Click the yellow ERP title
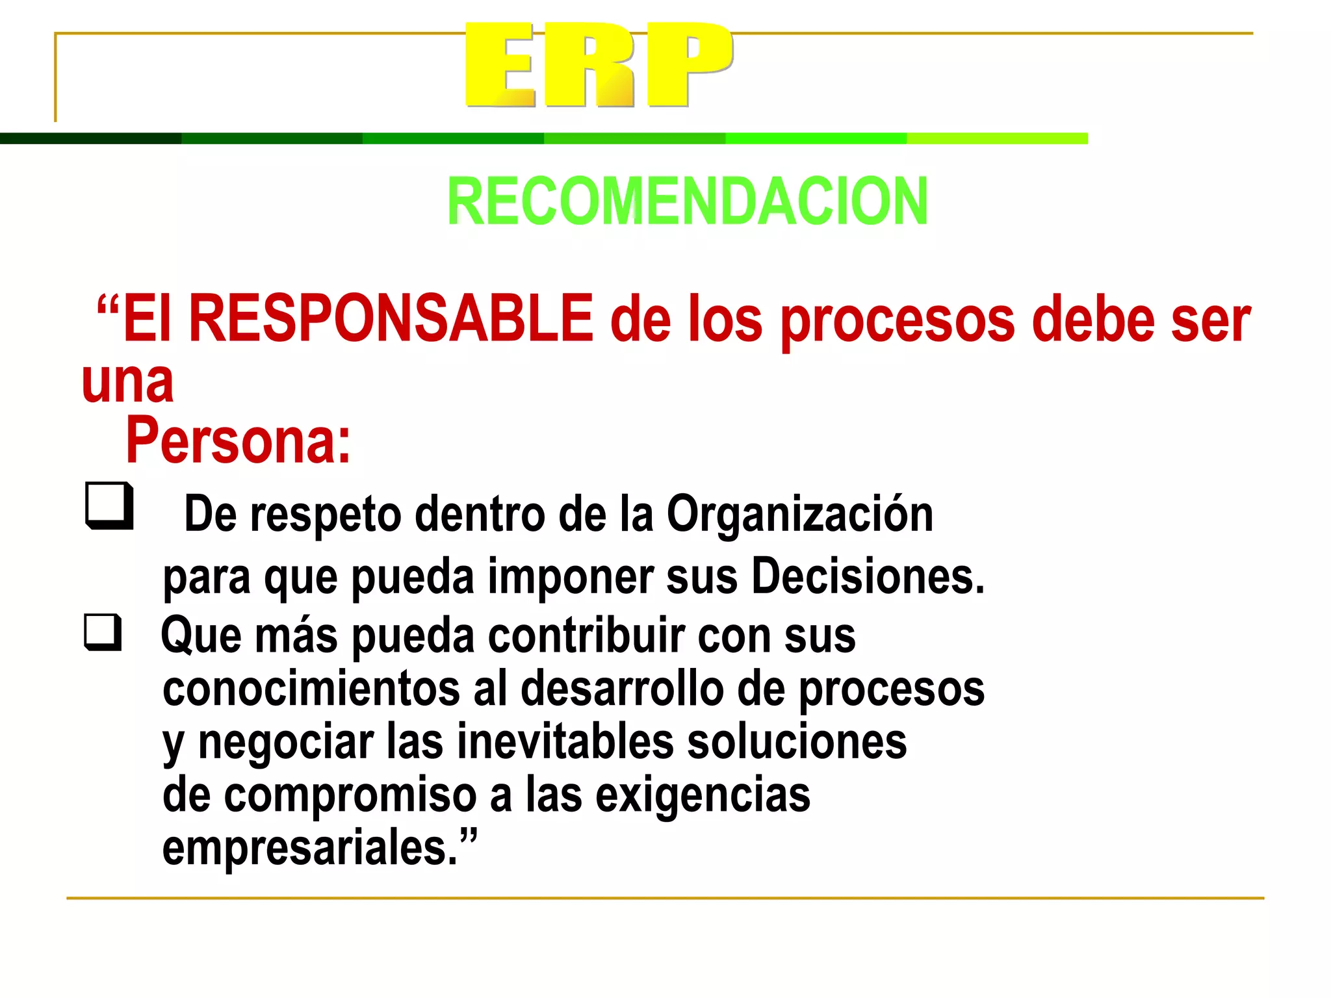pyautogui.click(x=599, y=65)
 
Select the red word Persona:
pyautogui.click(x=238, y=441)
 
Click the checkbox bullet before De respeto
pyautogui.click(x=109, y=505)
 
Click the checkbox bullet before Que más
pyautogui.click(x=103, y=632)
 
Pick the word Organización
pyautogui.click(x=800, y=514)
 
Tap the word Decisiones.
pyautogui.click(x=868, y=576)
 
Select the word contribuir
pyautogui.click(x=586, y=635)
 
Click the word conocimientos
pyautogui.click(x=311, y=689)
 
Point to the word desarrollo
pyautogui.click(x=623, y=689)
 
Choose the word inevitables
pyautogui.click(x=565, y=742)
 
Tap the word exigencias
pyautogui.click(x=703, y=795)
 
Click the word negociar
pyautogui.click(x=286, y=742)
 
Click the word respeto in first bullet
pyautogui.click(x=326, y=514)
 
